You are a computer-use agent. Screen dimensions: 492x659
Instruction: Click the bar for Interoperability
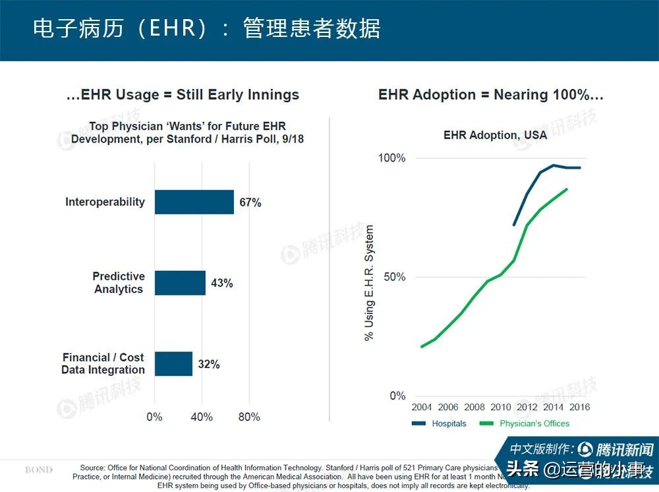[194, 202]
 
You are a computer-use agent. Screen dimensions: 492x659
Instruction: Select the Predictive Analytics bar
[180, 283]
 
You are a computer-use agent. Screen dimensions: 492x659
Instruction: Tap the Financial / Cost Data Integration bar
[173, 363]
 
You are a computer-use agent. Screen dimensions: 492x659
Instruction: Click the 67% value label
[250, 202]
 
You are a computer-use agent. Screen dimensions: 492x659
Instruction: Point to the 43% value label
[221, 284]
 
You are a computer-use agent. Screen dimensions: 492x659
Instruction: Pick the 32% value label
[209, 364]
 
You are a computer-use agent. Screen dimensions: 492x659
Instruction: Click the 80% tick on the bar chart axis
[248, 417]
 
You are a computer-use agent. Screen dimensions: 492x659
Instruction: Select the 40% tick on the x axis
[202, 417]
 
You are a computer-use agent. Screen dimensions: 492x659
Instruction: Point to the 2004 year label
[422, 407]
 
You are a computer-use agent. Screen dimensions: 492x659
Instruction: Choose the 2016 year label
[579, 407]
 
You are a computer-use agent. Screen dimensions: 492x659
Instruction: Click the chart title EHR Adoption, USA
[495, 135]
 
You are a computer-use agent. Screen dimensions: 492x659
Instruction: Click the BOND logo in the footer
[39, 470]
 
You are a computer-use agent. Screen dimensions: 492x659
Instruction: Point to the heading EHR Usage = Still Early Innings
[183, 95]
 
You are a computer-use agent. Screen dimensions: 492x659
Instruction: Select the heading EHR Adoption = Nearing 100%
[490, 95]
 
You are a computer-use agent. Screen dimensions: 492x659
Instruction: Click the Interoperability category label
[105, 202]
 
